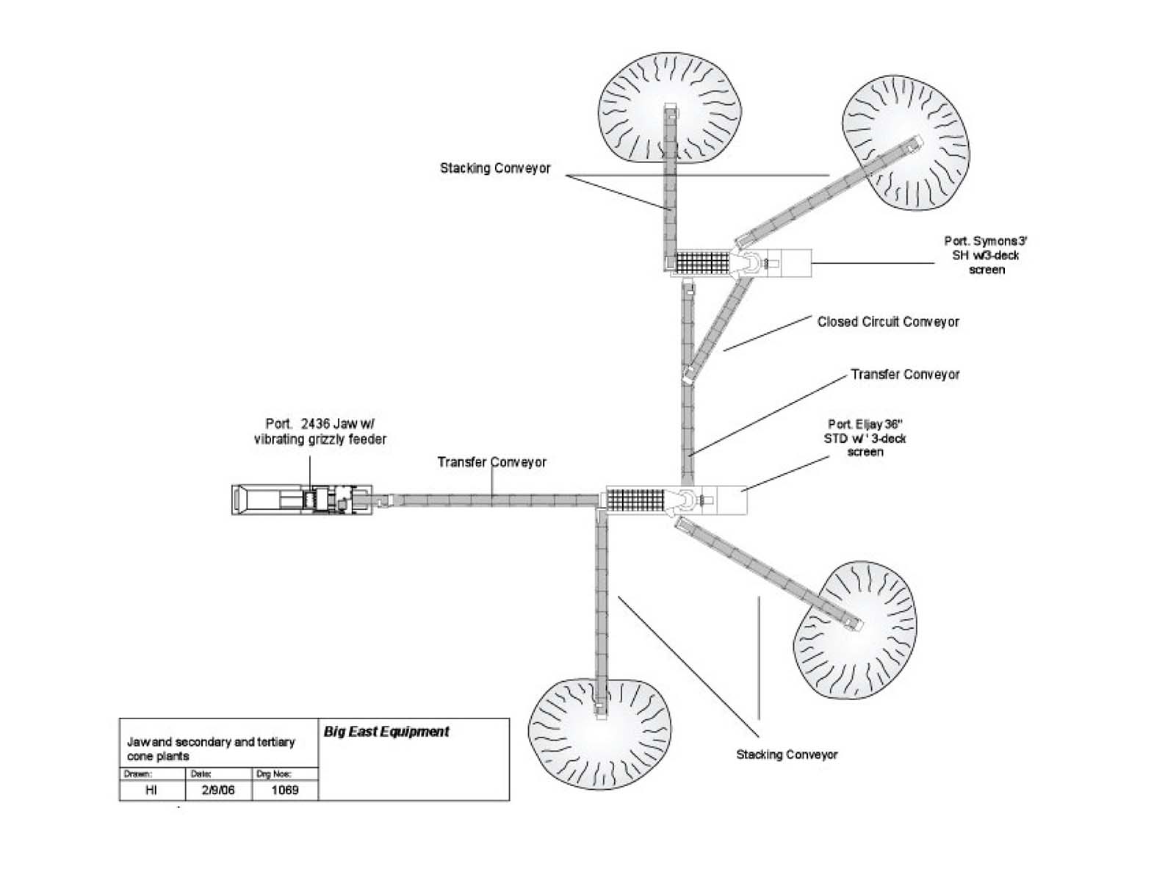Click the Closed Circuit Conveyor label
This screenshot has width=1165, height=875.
pos(887,322)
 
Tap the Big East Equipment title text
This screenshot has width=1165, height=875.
pos(386,732)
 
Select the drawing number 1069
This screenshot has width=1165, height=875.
pos(285,791)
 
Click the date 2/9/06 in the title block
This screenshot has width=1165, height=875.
pos(218,791)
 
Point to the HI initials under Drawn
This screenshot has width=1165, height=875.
pos(151,791)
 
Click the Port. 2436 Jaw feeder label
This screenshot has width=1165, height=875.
pos(320,432)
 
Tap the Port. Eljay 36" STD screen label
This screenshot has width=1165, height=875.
pos(865,438)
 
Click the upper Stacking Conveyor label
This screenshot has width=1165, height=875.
pos(495,168)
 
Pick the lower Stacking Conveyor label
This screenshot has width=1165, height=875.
pos(787,755)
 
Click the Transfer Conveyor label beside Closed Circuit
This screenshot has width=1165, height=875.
pos(905,375)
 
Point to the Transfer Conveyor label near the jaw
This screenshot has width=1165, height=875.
pos(492,462)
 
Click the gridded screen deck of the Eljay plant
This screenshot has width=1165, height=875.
pos(635,500)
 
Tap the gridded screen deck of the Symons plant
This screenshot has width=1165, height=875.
pos(701,262)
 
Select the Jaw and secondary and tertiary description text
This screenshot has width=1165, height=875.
pos(211,749)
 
